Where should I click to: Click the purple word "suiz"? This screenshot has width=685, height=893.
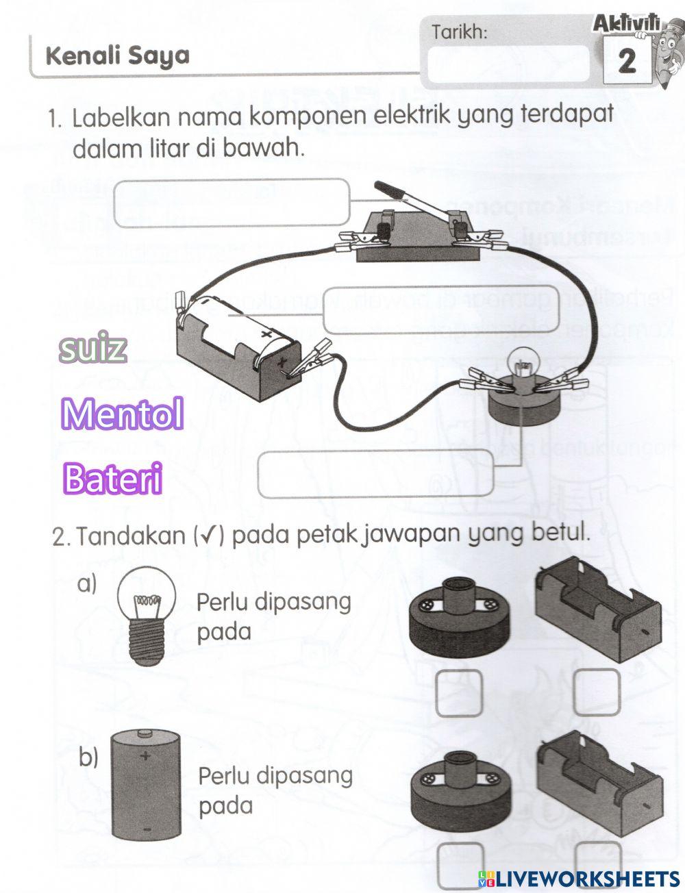coord(92,349)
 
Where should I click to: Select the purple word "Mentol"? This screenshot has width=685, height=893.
coord(122,414)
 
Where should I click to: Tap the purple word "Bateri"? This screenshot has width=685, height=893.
coord(112,479)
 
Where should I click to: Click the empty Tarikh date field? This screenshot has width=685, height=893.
coord(508,64)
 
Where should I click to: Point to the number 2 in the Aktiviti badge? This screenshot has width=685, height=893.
coord(626,62)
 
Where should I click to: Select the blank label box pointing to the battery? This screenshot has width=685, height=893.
coord(441,309)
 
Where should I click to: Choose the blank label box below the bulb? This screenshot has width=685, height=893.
coord(375,473)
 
